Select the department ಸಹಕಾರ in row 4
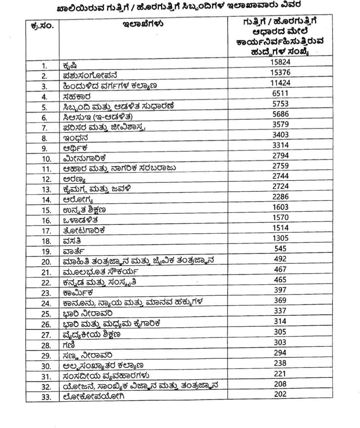pos(77,97)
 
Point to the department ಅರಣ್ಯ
pos(75,180)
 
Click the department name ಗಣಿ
pos(69,345)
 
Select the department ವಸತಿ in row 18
pos(72,242)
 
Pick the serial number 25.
pos(46,314)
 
